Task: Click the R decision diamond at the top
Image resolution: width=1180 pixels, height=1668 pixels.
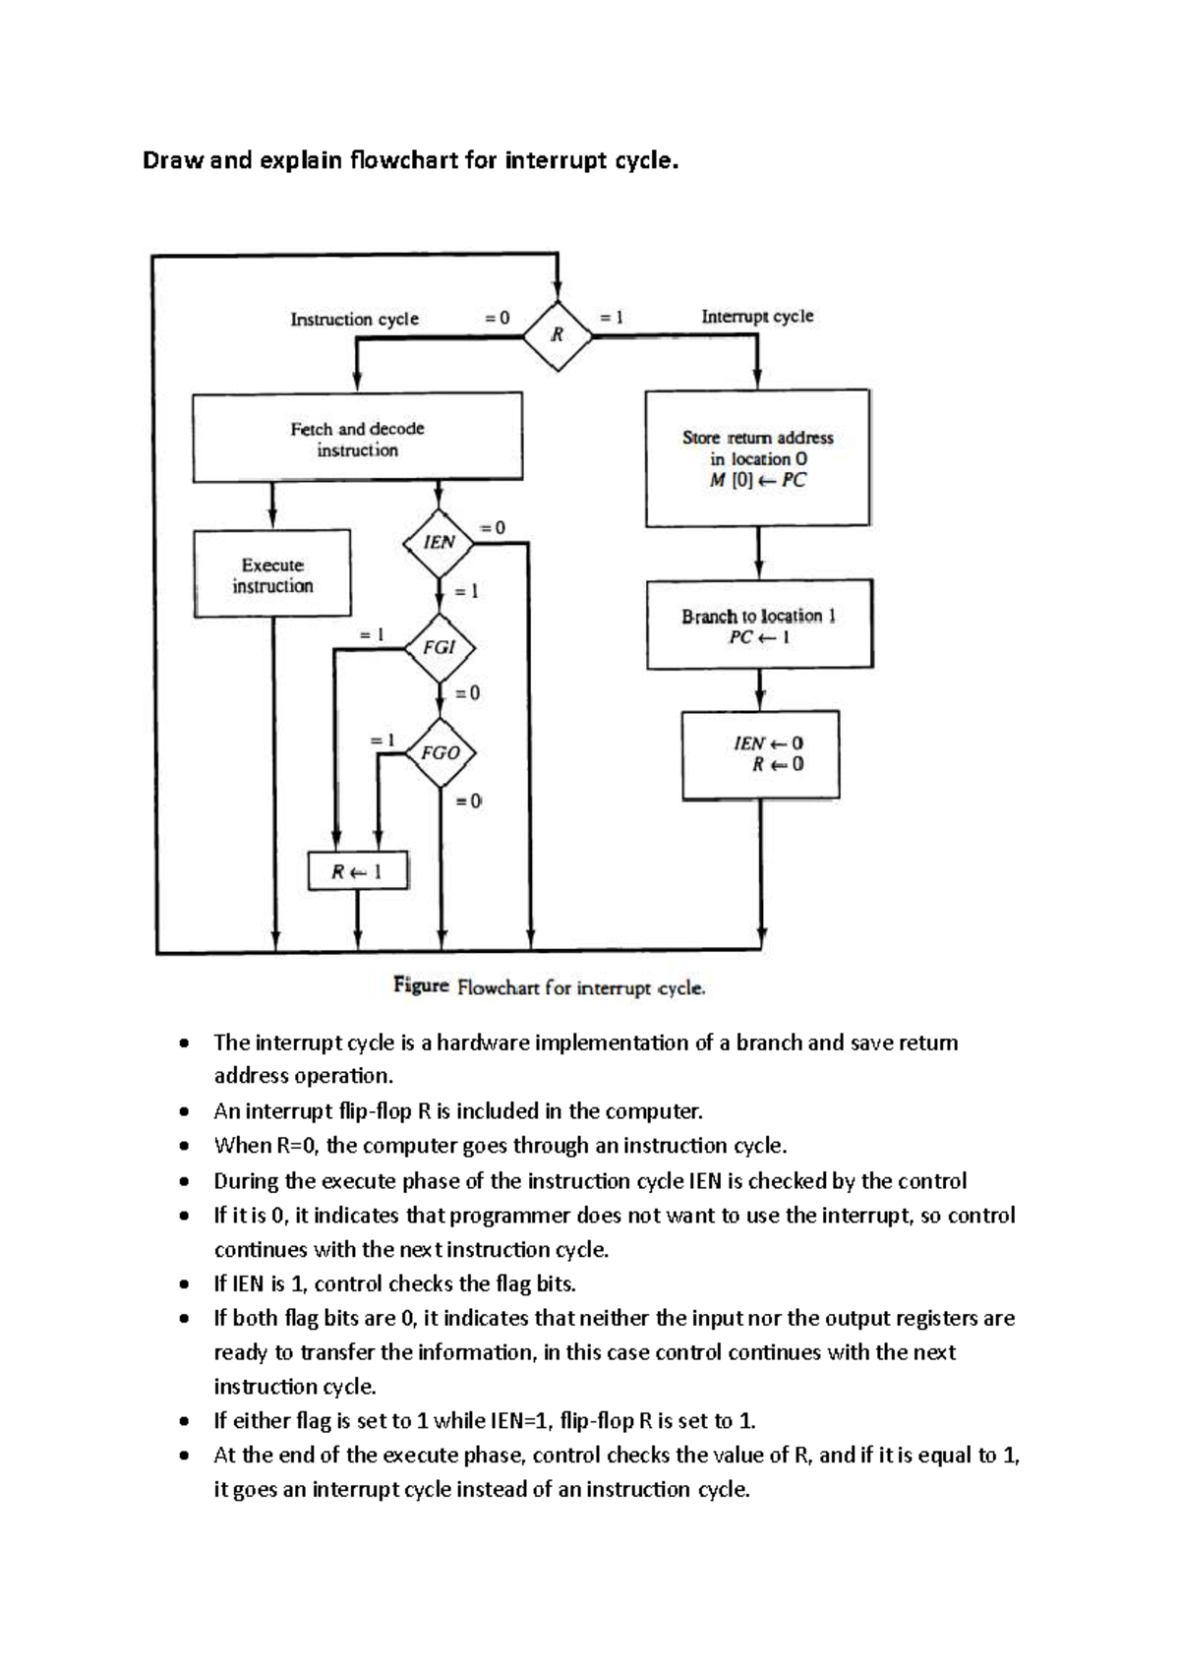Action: [558, 335]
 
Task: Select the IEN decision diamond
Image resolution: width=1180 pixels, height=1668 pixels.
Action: [439, 542]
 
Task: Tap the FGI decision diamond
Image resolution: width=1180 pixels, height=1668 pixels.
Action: [440, 647]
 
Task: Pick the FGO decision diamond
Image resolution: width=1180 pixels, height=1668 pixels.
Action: [440, 752]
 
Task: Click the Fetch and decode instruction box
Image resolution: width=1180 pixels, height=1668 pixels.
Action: [357, 439]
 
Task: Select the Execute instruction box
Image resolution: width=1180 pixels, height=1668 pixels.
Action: [272, 574]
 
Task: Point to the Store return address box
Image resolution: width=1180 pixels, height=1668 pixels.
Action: [757, 458]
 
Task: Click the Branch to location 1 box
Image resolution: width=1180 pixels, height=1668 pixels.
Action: [759, 625]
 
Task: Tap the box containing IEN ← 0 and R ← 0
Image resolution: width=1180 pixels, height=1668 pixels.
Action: [760, 754]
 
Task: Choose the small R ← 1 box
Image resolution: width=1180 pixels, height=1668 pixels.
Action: [357, 871]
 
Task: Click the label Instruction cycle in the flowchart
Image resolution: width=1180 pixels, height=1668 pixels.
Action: [354, 319]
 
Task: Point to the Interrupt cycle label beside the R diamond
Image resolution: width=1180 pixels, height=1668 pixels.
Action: [757, 316]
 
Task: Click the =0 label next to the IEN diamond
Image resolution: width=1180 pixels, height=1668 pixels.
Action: [492, 527]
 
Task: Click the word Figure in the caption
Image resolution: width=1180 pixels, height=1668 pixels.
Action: [421, 985]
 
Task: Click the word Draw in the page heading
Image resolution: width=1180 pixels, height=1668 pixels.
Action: [172, 160]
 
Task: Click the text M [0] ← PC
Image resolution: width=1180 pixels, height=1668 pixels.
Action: [757, 481]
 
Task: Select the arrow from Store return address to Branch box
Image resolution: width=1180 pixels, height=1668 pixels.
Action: [757, 553]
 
